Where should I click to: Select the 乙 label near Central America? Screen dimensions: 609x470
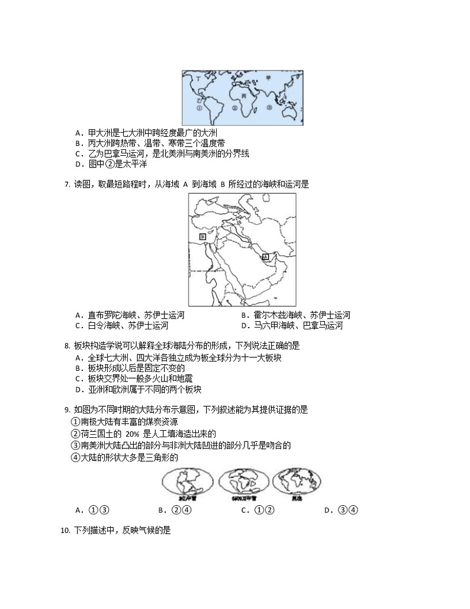pos(199,101)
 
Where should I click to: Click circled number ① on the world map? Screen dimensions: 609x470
pos(199,108)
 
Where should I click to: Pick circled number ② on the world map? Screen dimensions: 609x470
pos(234,108)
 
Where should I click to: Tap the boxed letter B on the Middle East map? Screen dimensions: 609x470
pos(202,236)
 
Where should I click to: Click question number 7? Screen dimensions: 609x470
pos(66,184)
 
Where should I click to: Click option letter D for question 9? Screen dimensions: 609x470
pos(328,510)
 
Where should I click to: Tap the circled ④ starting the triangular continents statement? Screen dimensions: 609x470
pos(75,457)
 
